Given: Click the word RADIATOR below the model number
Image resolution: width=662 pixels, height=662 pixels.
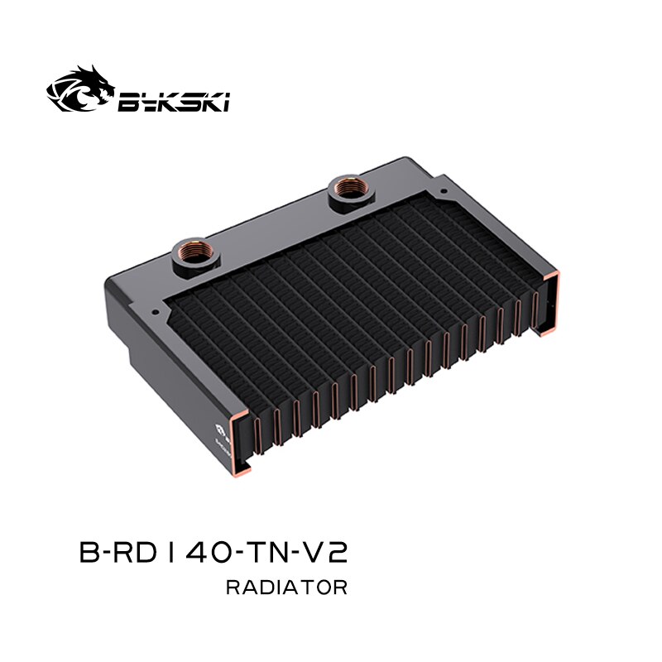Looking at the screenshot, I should (x=285, y=588).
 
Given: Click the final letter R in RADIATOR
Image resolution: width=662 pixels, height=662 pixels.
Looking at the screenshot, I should (x=340, y=588).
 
